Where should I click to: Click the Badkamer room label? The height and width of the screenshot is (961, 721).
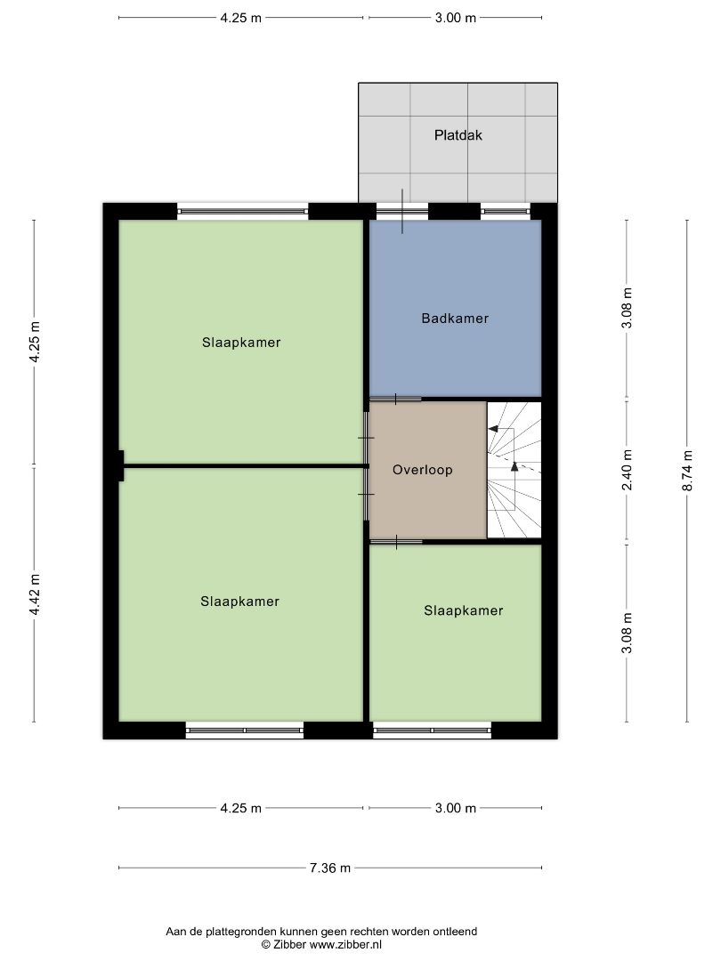click(x=455, y=318)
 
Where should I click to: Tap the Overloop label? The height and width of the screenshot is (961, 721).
click(x=423, y=470)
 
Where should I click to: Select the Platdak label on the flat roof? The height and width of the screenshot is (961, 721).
click(x=458, y=135)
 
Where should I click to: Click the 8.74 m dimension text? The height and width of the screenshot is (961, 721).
click(x=687, y=471)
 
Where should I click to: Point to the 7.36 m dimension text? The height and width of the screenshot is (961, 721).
click(x=330, y=868)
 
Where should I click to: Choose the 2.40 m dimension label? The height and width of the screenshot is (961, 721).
click(x=627, y=470)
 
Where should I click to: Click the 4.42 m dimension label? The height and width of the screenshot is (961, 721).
click(x=35, y=594)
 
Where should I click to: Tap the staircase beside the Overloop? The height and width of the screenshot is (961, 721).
click(x=514, y=470)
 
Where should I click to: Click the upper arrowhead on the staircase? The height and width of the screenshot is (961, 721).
click(x=493, y=428)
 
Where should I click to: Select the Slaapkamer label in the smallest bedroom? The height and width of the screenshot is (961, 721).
click(x=464, y=610)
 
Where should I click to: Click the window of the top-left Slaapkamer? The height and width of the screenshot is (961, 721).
click(x=243, y=212)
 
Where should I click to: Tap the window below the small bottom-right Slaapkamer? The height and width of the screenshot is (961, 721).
click(x=433, y=731)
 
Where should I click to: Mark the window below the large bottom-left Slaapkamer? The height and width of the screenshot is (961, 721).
click(x=245, y=731)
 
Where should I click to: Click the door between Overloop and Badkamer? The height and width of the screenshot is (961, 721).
click(x=395, y=400)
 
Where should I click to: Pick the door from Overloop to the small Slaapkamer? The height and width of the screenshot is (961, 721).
click(x=396, y=542)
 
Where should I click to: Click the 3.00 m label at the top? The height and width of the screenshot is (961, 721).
click(x=456, y=18)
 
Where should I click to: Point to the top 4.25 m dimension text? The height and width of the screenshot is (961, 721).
click(x=241, y=18)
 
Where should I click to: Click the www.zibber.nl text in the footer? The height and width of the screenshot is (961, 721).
click(x=345, y=944)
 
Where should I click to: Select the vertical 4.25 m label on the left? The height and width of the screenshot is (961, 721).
click(x=35, y=342)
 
